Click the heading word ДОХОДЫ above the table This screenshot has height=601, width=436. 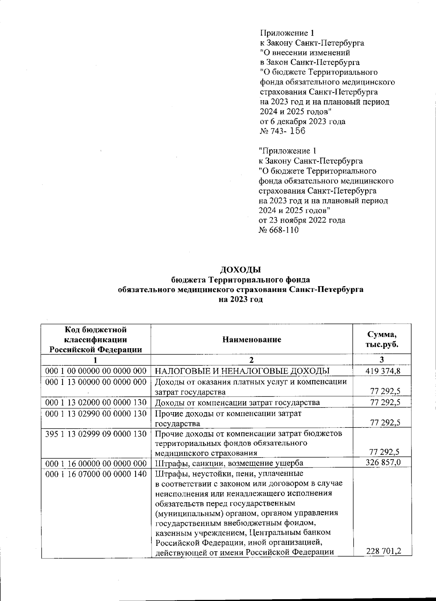[241, 270]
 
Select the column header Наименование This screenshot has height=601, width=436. [252, 340]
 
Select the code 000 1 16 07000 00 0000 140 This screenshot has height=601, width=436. [96, 474]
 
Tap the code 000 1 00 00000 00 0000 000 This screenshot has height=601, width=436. [96, 371]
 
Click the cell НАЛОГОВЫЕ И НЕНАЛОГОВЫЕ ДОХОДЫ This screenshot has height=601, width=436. [242, 371]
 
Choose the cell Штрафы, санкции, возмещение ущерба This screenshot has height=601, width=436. [229, 463]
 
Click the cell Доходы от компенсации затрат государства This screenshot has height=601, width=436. [237, 402]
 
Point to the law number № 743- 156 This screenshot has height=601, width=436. [283, 131]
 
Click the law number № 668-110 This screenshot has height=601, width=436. [279, 230]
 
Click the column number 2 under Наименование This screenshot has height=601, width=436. [251, 360]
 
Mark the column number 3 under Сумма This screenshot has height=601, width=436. [381, 360]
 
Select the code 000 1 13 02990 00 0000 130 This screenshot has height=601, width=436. [96, 413]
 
